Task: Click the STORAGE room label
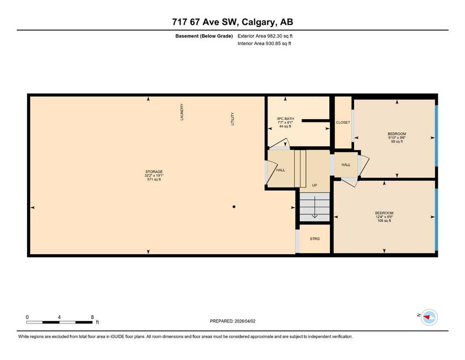(x=154, y=172)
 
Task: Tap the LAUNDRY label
(x=182, y=112)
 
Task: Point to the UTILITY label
(x=232, y=119)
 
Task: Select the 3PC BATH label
(x=285, y=119)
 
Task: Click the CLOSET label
(x=343, y=122)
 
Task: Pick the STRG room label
(x=315, y=239)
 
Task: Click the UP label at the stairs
(x=315, y=185)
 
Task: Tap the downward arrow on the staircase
(x=315, y=207)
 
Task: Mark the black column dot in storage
(x=234, y=207)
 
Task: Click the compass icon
(x=429, y=317)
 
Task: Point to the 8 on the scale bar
(x=93, y=317)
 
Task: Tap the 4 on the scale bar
(x=59, y=317)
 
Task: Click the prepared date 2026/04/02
(x=245, y=321)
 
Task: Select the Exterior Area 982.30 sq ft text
(x=265, y=36)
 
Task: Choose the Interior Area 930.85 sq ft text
(x=264, y=43)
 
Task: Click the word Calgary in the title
(x=258, y=22)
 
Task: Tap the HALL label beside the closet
(x=346, y=165)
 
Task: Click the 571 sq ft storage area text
(x=154, y=179)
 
